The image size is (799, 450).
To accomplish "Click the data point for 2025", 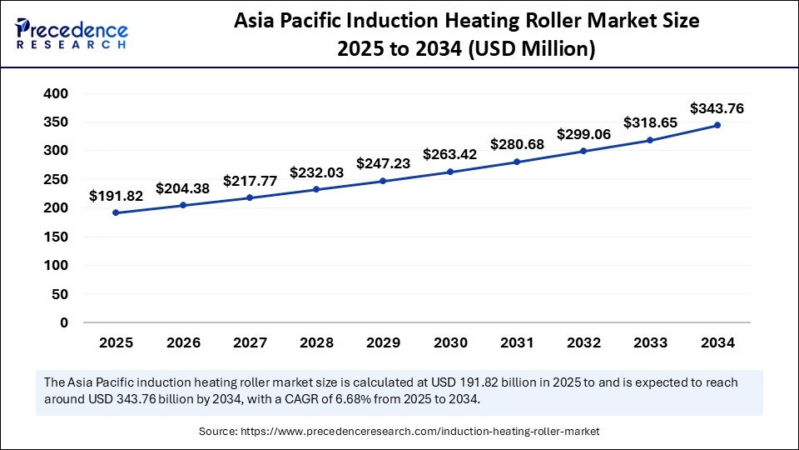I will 116,212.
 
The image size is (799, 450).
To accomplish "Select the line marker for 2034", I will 717,125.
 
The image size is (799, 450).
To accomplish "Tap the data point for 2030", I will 450,172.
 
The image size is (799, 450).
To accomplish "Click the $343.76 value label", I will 717,108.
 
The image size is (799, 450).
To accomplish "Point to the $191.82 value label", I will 117,197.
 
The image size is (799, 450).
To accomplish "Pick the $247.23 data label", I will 383,164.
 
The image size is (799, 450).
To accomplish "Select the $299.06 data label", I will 583,135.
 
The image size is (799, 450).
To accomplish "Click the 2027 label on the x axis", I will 250,342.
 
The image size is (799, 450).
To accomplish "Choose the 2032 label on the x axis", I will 583,342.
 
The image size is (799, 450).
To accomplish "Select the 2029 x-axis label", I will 383,342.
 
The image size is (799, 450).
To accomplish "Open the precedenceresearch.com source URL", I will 419,431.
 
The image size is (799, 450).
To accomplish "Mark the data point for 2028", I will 316,189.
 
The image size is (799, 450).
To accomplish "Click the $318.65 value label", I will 650,123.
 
